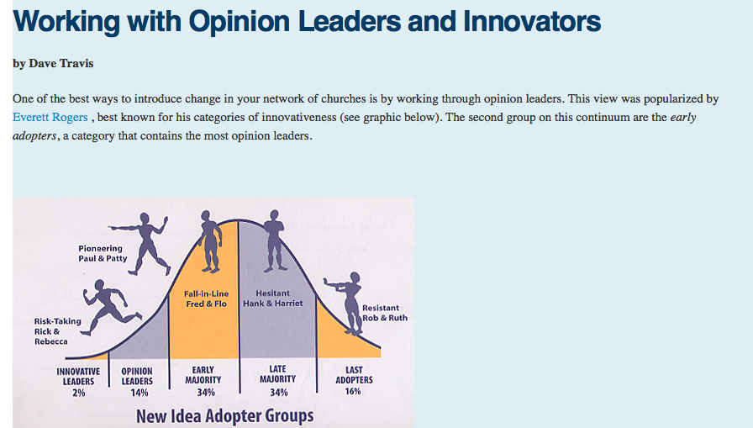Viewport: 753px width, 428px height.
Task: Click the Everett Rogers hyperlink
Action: tap(50, 117)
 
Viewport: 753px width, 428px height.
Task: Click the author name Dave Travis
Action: tap(61, 63)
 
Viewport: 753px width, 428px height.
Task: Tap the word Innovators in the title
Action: tap(532, 21)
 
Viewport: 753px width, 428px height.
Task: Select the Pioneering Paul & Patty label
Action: tap(103, 253)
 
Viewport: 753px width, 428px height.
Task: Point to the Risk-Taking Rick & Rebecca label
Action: tap(58, 331)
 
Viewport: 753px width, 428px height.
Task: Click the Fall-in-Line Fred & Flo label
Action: tap(207, 299)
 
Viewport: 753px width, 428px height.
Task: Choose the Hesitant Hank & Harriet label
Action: tap(273, 299)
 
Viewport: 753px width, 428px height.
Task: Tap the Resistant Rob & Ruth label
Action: tap(385, 313)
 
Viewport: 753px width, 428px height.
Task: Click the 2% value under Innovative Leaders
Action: tap(79, 393)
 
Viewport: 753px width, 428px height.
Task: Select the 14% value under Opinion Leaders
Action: tap(140, 393)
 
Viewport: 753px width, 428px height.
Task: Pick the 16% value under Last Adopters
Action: tap(353, 392)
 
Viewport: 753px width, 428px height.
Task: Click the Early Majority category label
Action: tap(203, 375)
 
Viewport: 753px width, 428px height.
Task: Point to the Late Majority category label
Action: tap(277, 373)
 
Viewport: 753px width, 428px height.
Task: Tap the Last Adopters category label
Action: tap(354, 375)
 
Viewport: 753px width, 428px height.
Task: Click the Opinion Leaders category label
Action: tap(137, 376)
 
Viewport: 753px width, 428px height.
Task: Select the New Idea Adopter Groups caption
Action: tap(224, 416)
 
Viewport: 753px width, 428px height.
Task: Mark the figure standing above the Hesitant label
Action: tap(275, 240)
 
